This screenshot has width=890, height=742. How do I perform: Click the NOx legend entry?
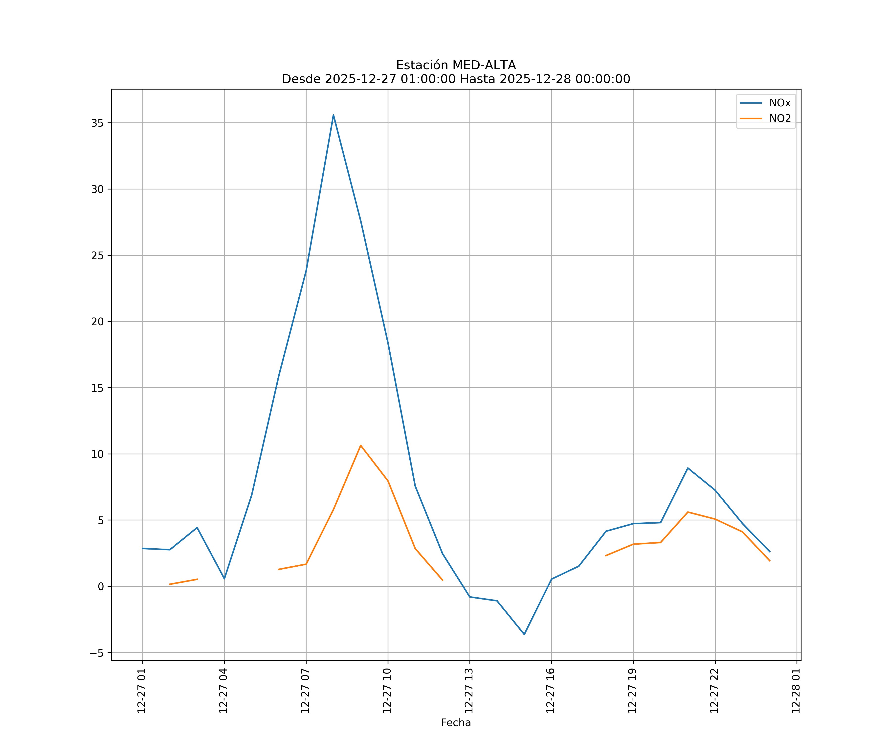[x=779, y=103]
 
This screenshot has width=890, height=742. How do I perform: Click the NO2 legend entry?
[x=779, y=119]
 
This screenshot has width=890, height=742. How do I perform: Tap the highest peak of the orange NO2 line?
[x=361, y=445]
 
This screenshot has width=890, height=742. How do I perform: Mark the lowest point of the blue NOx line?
[x=524, y=634]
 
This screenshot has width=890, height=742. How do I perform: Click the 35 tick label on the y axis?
[x=97, y=123]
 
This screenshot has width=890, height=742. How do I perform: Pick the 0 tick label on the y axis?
[x=101, y=586]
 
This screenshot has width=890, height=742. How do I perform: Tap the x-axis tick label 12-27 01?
[x=142, y=691]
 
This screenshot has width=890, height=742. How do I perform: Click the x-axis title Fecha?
[x=456, y=722]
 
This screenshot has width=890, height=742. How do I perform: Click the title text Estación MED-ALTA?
[x=456, y=65]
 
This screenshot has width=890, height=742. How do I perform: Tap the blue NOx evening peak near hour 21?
[x=688, y=468]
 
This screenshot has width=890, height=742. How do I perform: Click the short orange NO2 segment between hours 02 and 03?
[x=183, y=582]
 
